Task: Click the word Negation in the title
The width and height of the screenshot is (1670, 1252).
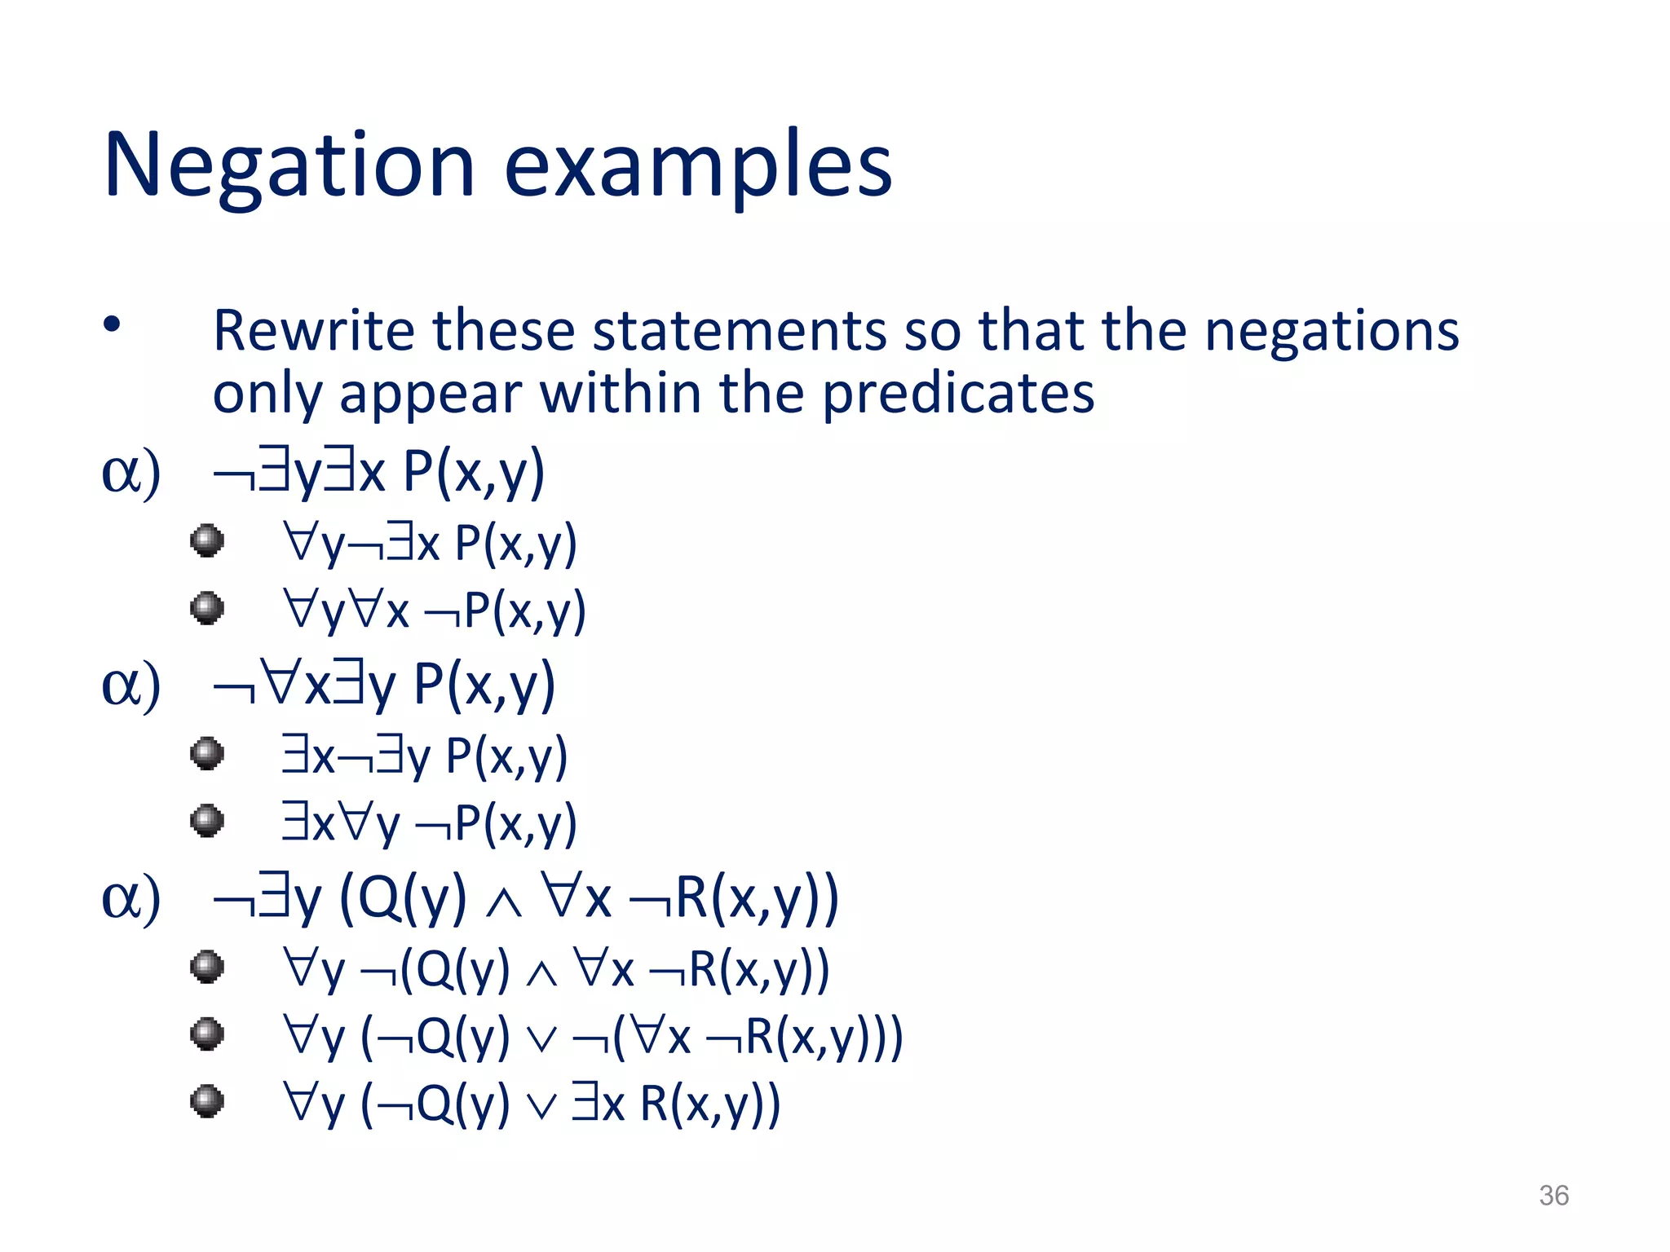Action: (289, 165)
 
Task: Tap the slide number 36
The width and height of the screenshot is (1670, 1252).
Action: (1553, 1196)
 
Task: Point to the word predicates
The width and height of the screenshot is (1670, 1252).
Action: (957, 395)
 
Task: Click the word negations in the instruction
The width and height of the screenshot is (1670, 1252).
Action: (1331, 333)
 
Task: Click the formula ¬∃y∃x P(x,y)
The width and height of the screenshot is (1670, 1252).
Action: (378, 473)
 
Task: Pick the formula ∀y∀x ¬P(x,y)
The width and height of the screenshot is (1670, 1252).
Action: (434, 611)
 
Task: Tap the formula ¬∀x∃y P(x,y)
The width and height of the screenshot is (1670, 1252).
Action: (383, 685)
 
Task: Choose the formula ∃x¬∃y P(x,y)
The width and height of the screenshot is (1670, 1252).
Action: (424, 756)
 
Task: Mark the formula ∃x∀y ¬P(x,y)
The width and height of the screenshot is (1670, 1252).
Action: (429, 823)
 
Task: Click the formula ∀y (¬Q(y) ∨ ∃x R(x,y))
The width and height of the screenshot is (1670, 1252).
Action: (531, 1104)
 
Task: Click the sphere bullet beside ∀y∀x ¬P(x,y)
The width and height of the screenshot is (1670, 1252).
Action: (207, 608)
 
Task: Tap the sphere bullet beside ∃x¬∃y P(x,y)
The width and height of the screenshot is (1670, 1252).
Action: (207, 753)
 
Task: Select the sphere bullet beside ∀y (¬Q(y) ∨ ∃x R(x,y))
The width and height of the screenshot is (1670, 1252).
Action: (207, 1102)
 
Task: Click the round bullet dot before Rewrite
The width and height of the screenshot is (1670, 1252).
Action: (112, 325)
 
